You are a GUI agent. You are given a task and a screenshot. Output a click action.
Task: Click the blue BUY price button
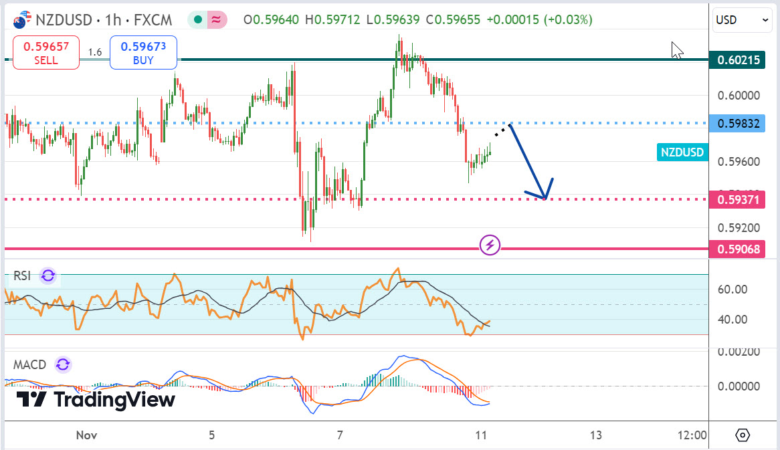click(x=143, y=53)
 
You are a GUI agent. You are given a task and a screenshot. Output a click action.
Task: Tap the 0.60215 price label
click(x=739, y=60)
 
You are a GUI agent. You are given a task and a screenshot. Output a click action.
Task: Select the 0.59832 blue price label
click(x=739, y=123)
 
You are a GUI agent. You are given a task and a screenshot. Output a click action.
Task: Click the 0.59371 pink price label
click(x=739, y=199)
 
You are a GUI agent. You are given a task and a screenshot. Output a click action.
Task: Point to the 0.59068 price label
click(x=739, y=249)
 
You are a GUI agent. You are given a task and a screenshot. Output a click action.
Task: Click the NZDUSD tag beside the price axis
click(x=682, y=152)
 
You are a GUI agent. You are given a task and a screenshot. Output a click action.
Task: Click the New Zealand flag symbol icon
click(x=23, y=20)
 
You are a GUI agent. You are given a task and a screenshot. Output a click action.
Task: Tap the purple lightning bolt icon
click(x=490, y=245)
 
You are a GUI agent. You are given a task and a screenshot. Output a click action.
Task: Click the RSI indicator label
click(x=23, y=275)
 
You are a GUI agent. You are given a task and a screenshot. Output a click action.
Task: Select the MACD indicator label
click(x=30, y=364)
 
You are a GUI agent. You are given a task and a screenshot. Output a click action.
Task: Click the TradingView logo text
click(x=96, y=400)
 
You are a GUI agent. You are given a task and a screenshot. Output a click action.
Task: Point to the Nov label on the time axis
click(x=87, y=435)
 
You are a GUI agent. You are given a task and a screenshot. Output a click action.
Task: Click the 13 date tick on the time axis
click(x=596, y=435)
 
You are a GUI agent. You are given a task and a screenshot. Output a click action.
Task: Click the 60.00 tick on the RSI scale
click(x=733, y=290)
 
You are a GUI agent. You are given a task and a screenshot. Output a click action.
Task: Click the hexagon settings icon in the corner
click(x=743, y=435)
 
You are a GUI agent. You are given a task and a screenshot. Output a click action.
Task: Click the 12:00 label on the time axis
click(x=692, y=435)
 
